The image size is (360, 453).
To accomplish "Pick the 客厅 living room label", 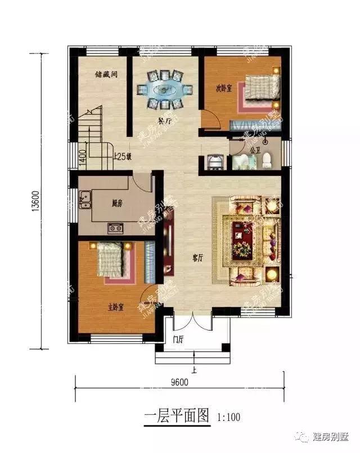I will click(x=197, y=258).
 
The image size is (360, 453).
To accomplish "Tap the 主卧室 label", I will click(x=116, y=307).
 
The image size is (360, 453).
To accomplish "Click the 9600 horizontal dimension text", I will click(x=179, y=382).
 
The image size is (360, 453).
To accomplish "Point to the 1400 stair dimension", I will click(x=82, y=153).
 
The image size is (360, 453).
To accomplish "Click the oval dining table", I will click(x=164, y=89).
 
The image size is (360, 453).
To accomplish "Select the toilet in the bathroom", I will click(x=266, y=160).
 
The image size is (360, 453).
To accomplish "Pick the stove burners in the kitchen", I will click(x=116, y=228).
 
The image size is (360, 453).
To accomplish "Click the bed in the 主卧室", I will click(x=112, y=259).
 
